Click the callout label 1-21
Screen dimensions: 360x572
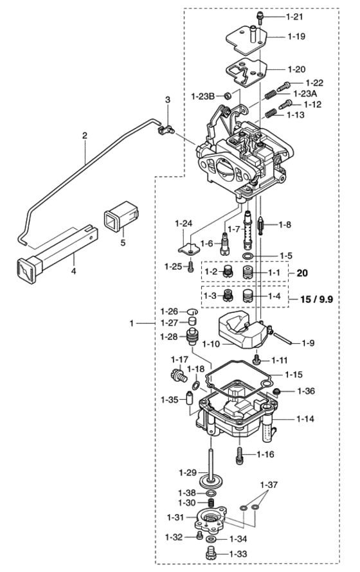point(294,17)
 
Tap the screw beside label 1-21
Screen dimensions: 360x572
point(260,17)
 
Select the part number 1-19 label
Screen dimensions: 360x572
point(296,37)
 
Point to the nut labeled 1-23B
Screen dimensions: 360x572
point(226,96)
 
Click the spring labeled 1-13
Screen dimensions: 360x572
point(269,114)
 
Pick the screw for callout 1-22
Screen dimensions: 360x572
point(283,87)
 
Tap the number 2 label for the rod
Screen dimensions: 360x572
point(85,136)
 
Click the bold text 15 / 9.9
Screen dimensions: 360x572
point(316,299)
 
